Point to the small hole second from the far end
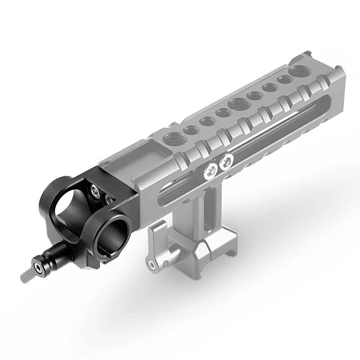coord(283,80)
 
